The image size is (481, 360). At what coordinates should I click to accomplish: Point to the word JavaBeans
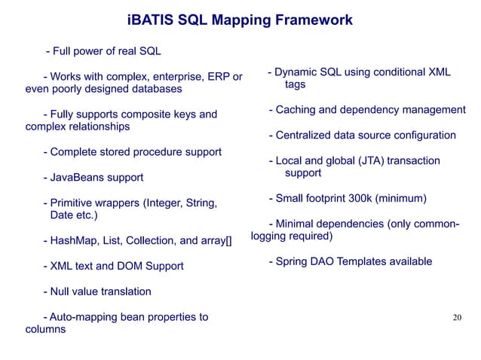(77, 178)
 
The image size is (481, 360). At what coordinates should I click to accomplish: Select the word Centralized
(306, 136)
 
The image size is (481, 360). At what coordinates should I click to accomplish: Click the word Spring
(293, 261)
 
